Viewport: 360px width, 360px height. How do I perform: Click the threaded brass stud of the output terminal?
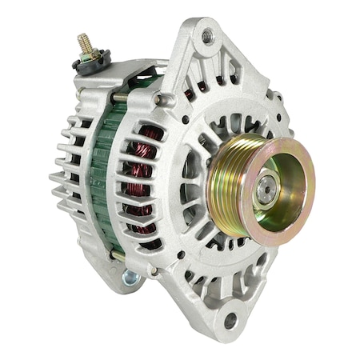click(85, 44)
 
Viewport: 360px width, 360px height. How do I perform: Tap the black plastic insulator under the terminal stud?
click(90, 61)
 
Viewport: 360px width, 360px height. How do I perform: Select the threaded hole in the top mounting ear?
click(207, 36)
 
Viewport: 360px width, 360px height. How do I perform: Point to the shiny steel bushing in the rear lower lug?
click(130, 278)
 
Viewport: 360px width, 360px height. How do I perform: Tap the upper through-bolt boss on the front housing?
click(166, 99)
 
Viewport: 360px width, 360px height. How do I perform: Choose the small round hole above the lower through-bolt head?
click(181, 255)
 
